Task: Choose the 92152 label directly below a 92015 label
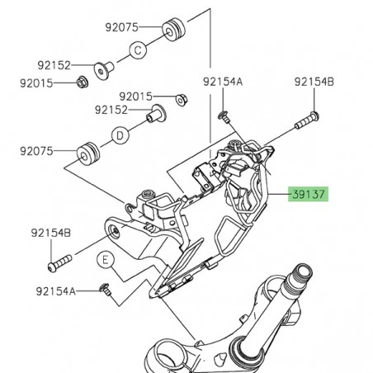[113, 110]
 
